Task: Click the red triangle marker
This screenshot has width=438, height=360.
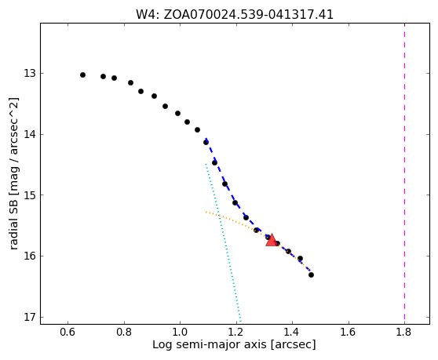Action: (x=272, y=240)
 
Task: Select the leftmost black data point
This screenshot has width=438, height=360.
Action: (x=82, y=75)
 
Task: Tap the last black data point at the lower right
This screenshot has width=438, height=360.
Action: (x=311, y=275)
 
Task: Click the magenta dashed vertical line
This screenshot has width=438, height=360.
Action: (x=404, y=173)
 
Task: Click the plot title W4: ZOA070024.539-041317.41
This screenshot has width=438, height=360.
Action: (x=235, y=15)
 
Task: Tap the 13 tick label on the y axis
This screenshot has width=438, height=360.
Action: (x=30, y=74)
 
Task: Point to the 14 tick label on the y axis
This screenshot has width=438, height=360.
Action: (x=30, y=135)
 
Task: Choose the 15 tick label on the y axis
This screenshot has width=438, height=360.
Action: (x=30, y=195)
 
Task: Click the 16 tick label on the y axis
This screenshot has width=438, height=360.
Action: (x=30, y=256)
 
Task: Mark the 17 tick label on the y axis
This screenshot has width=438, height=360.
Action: (x=30, y=318)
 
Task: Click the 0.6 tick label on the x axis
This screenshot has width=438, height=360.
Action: (x=68, y=332)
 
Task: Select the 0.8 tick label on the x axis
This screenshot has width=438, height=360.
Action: (x=124, y=332)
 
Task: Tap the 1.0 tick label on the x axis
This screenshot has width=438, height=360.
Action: (x=181, y=332)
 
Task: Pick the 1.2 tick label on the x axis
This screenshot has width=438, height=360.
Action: (x=236, y=332)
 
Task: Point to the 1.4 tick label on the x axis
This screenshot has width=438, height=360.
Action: (x=292, y=332)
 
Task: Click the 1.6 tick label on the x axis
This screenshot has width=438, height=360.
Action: (x=349, y=332)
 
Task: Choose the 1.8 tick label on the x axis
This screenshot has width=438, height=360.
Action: (x=404, y=332)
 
